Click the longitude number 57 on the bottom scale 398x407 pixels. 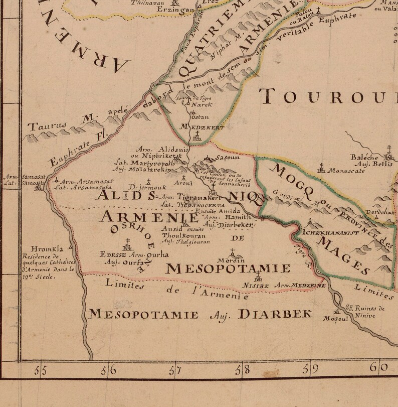click(175, 371)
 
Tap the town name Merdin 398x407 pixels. click(232, 260)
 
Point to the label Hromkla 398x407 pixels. click(46, 248)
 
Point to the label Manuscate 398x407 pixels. click(346, 171)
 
